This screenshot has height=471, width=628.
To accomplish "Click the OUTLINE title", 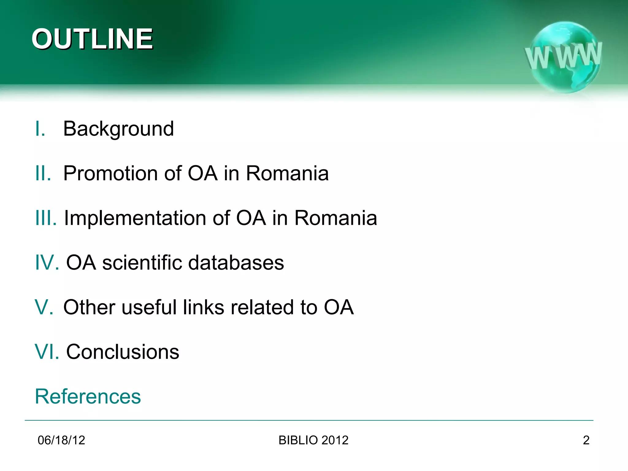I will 92,39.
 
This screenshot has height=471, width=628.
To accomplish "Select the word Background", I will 118,129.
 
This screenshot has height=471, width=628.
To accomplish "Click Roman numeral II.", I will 43,174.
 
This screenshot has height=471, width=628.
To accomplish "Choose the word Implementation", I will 135,218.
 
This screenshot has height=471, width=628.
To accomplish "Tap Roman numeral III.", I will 46,218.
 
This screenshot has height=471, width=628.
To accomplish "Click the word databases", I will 236,263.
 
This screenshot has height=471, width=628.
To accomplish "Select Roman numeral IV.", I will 47,263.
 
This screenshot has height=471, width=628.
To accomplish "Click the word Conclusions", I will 123,352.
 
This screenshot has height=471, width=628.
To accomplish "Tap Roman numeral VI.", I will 47,352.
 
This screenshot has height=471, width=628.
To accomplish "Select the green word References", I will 88,396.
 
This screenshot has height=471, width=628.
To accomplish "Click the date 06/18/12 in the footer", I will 61,440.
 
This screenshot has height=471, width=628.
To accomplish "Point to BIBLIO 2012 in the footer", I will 313,440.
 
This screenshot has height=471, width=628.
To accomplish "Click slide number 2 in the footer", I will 586,440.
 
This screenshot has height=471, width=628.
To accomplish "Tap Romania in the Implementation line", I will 336,218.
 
